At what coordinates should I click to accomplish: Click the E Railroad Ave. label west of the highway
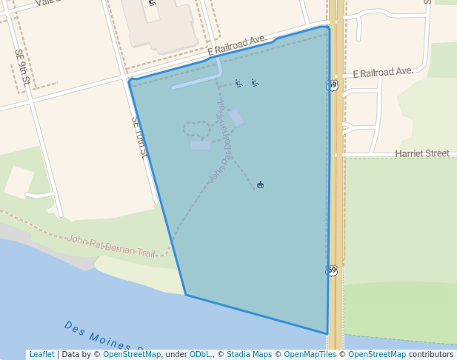pyautogui.click(x=237, y=44)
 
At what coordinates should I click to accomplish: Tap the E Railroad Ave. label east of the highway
pyautogui.click(x=382, y=73)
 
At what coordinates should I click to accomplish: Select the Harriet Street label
pyautogui.click(x=421, y=153)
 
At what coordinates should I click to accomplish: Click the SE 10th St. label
pyautogui.click(x=139, y=137)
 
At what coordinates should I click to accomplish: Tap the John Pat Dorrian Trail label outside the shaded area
pyautogui.click(x=111, y=245)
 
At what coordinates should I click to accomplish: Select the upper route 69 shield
pyautogui.click(x=333, y=85)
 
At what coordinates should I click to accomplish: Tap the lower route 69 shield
pyautogui.click(x=333, y=270)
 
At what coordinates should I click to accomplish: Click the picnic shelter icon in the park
pyautogui.click(x=260, y=184)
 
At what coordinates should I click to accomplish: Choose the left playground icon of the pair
pyautogui.click(x=238, y=83)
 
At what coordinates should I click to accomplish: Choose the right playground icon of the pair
pyautogui.click(x=255, y=82)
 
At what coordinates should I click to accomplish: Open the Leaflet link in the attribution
pyautogui.click(x=41, y=354)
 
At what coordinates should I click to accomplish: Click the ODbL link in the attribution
pyautogui.click(x=199, y=354)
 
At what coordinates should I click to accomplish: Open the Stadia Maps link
pyautogui.click(x=249, y=354)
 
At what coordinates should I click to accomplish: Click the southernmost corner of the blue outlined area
pyautogui.click(x=327, y=334)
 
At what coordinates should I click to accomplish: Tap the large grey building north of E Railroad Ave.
pyautogui.click(x=157, y=22)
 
